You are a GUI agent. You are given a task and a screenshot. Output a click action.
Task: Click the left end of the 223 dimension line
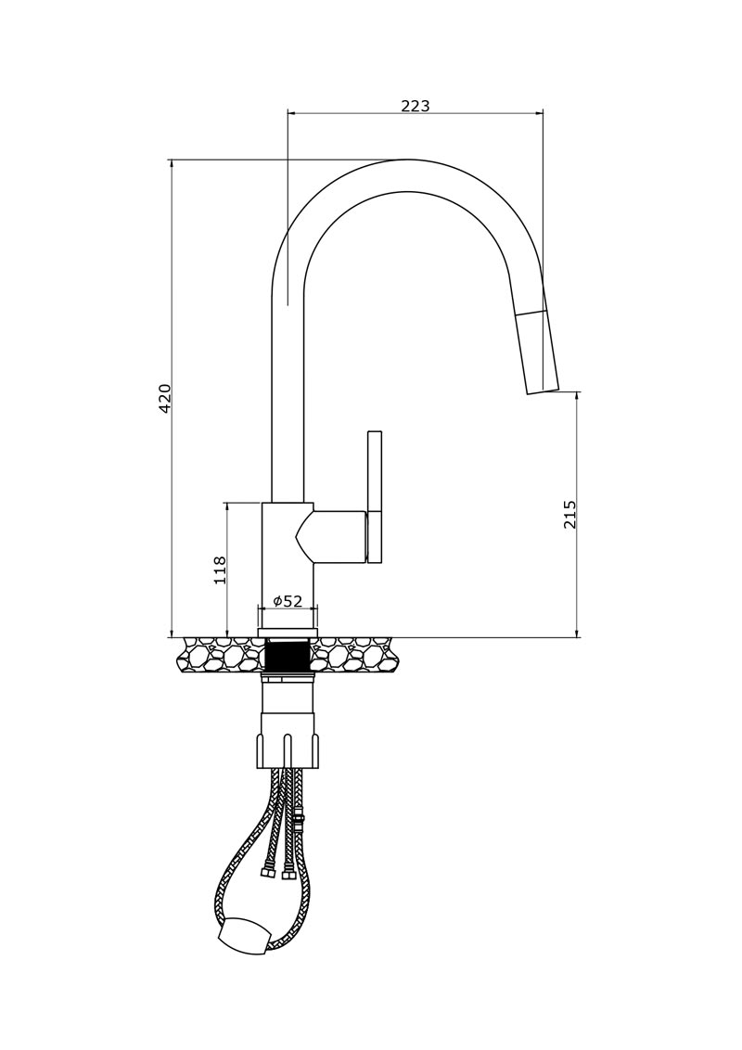tap(287, 113)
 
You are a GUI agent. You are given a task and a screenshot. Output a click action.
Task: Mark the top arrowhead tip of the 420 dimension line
tap(173, 160)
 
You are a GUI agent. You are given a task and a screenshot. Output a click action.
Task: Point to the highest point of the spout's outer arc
tap(406, 160)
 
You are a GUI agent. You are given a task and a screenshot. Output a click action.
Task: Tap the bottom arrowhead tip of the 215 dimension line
tap(577, 636)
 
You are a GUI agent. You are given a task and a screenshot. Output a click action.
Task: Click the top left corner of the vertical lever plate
tap(367, 431)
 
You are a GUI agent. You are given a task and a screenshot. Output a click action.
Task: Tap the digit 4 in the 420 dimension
tap(165, 408)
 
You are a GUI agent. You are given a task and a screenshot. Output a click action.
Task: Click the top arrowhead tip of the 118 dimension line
tap(227, 502)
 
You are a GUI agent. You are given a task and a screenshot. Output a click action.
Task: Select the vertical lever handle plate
tap(375, 497)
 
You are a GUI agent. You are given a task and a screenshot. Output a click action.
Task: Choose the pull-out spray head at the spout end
tap(539, 352)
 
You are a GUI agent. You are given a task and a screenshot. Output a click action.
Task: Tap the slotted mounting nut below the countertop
tap(288, 750)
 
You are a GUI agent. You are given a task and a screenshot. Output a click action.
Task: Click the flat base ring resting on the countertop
tap(288, 633)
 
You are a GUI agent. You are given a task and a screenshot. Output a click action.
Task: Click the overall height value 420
tap(165, 399)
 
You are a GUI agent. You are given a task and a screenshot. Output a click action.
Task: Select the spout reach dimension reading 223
tap(416, 105)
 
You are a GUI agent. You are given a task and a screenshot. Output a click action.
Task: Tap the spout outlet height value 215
tap(569, 514)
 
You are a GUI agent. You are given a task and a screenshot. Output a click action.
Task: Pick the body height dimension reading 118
tap(220, 570)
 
